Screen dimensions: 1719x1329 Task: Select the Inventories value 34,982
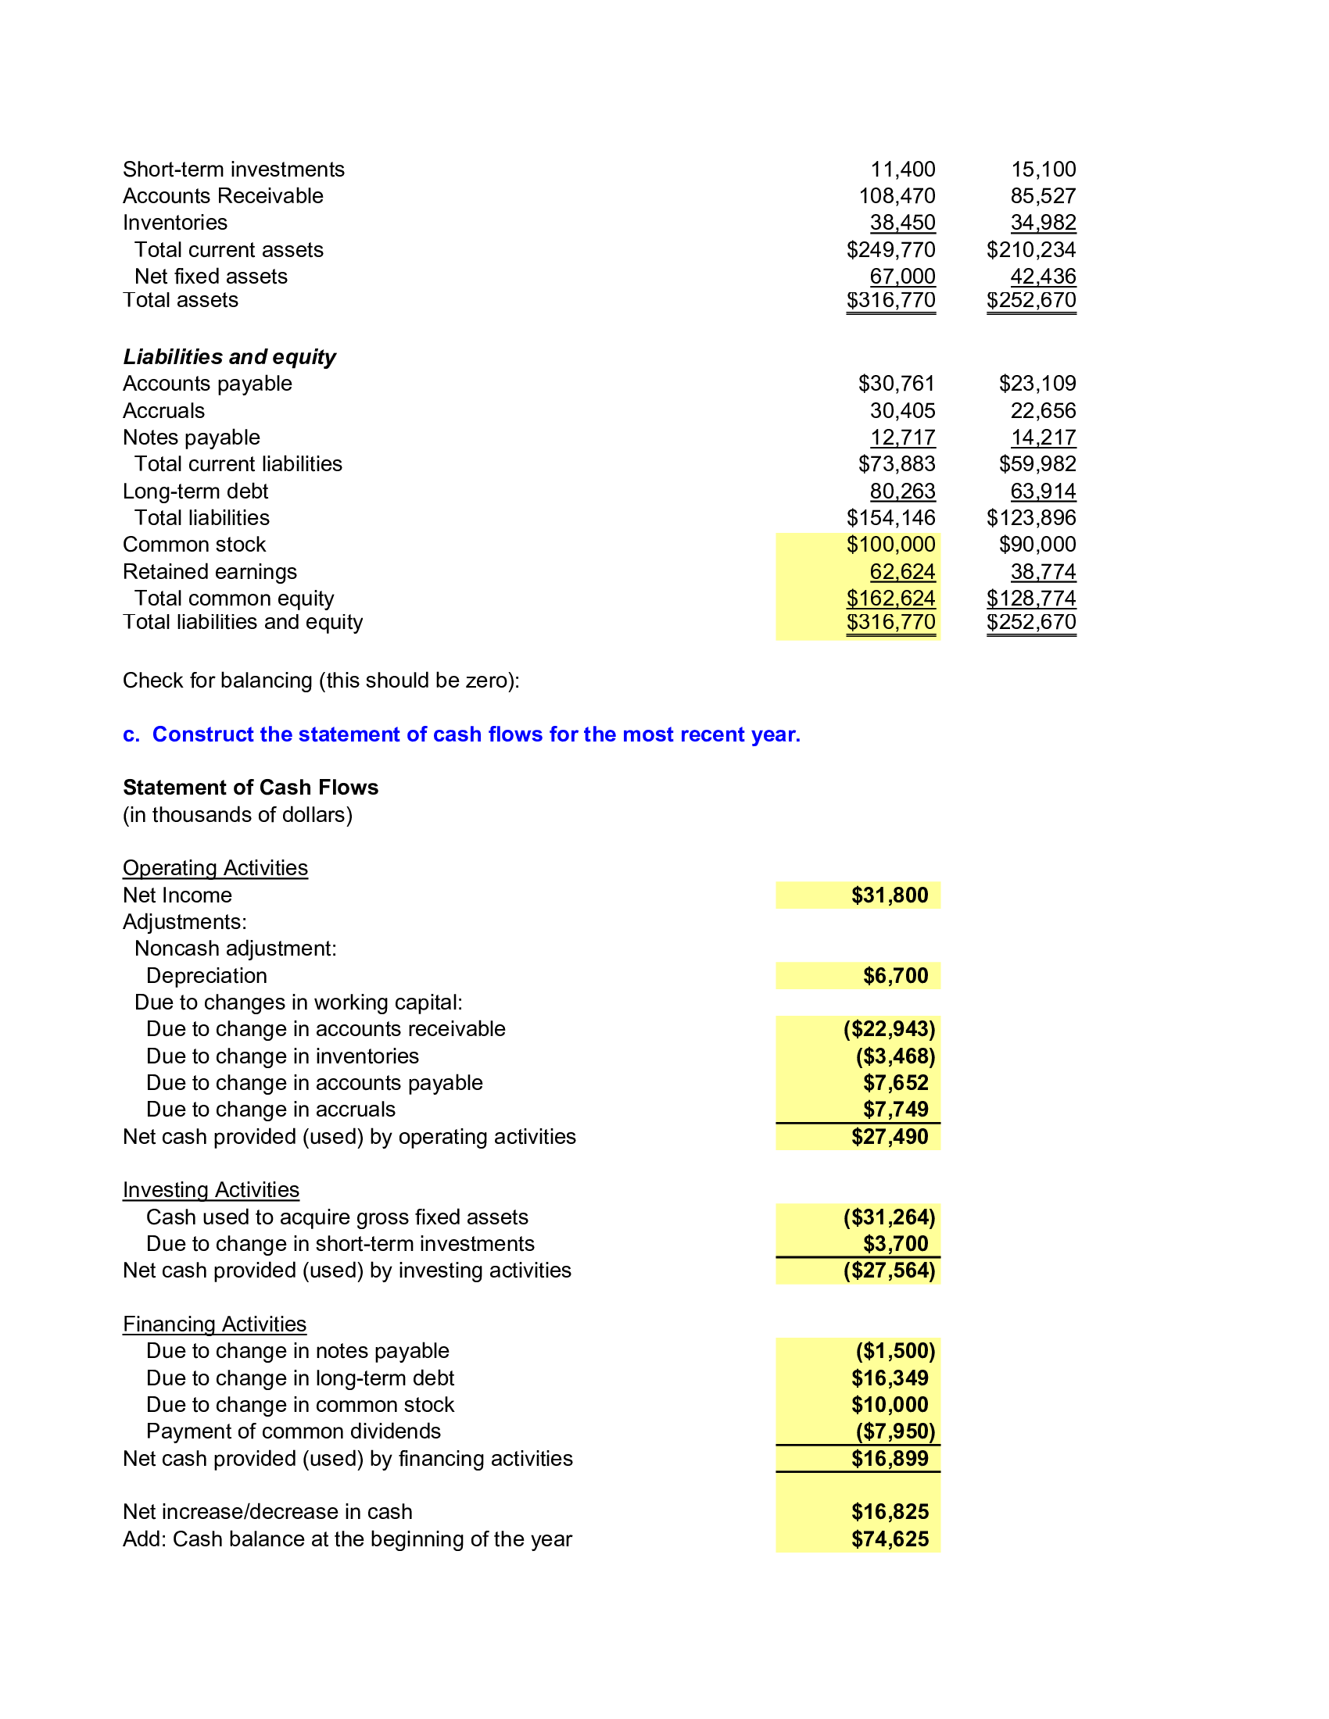[1042, 223]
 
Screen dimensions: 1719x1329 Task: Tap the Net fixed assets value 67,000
[902, 277]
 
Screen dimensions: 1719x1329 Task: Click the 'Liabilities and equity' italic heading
[229, 357]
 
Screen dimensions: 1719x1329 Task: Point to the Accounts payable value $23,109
[1037, 384]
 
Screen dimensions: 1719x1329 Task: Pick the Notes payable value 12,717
[902, 438]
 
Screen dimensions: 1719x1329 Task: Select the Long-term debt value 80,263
[902, 491]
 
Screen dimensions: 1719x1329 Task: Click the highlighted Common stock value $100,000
[890, 545]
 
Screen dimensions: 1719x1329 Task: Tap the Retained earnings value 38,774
[1042, 572]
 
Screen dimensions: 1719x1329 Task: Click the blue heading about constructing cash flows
[461, 734]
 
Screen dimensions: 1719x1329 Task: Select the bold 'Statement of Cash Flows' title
[250, 788]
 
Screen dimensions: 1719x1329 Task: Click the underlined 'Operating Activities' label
[215, 868]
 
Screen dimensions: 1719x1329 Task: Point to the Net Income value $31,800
[890, 895]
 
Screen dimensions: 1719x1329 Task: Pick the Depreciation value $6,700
[895, 976]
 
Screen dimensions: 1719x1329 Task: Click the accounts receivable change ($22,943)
[889, 1030]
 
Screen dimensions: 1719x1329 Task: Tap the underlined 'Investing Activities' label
[211, 1190]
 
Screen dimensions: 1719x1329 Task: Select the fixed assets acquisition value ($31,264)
[889, 1217]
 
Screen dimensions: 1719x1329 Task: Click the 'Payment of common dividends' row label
[293, 1431]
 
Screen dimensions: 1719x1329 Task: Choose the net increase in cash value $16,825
[890, 1512]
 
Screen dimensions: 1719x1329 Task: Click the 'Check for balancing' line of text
[321, 681]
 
